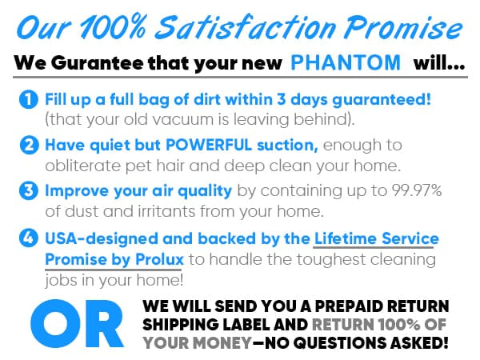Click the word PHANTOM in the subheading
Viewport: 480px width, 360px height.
pyautogui.click(x=346, y=62)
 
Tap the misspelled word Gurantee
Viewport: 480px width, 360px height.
pyautogui.click(x=97, y=63)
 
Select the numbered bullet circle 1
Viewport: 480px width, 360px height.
pyautogui.click(x=29, y=99)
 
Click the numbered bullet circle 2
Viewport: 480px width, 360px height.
pyautogui.click(x=29, y=145)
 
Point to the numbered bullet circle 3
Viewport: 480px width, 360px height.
pyautogui.click(x=29, y=190)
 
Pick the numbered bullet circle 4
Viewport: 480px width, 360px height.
pyautogui.click(x=29, y=238)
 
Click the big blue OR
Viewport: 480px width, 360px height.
pyautogui.click(x=77, y=323)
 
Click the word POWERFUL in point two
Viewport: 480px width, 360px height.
pyautogui.click(x=209, y=145)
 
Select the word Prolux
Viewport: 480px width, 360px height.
pyautogui.click(x=159, y=259)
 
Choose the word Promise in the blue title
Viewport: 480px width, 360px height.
pyautogui.click(x=404, y=27)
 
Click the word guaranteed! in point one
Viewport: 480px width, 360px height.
pyautogui.click(x=382, y=100)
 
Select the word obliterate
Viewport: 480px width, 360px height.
pyautogui.click(x=82, y=166)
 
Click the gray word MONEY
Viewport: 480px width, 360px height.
pyautogui.click(x=224, y=343)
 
